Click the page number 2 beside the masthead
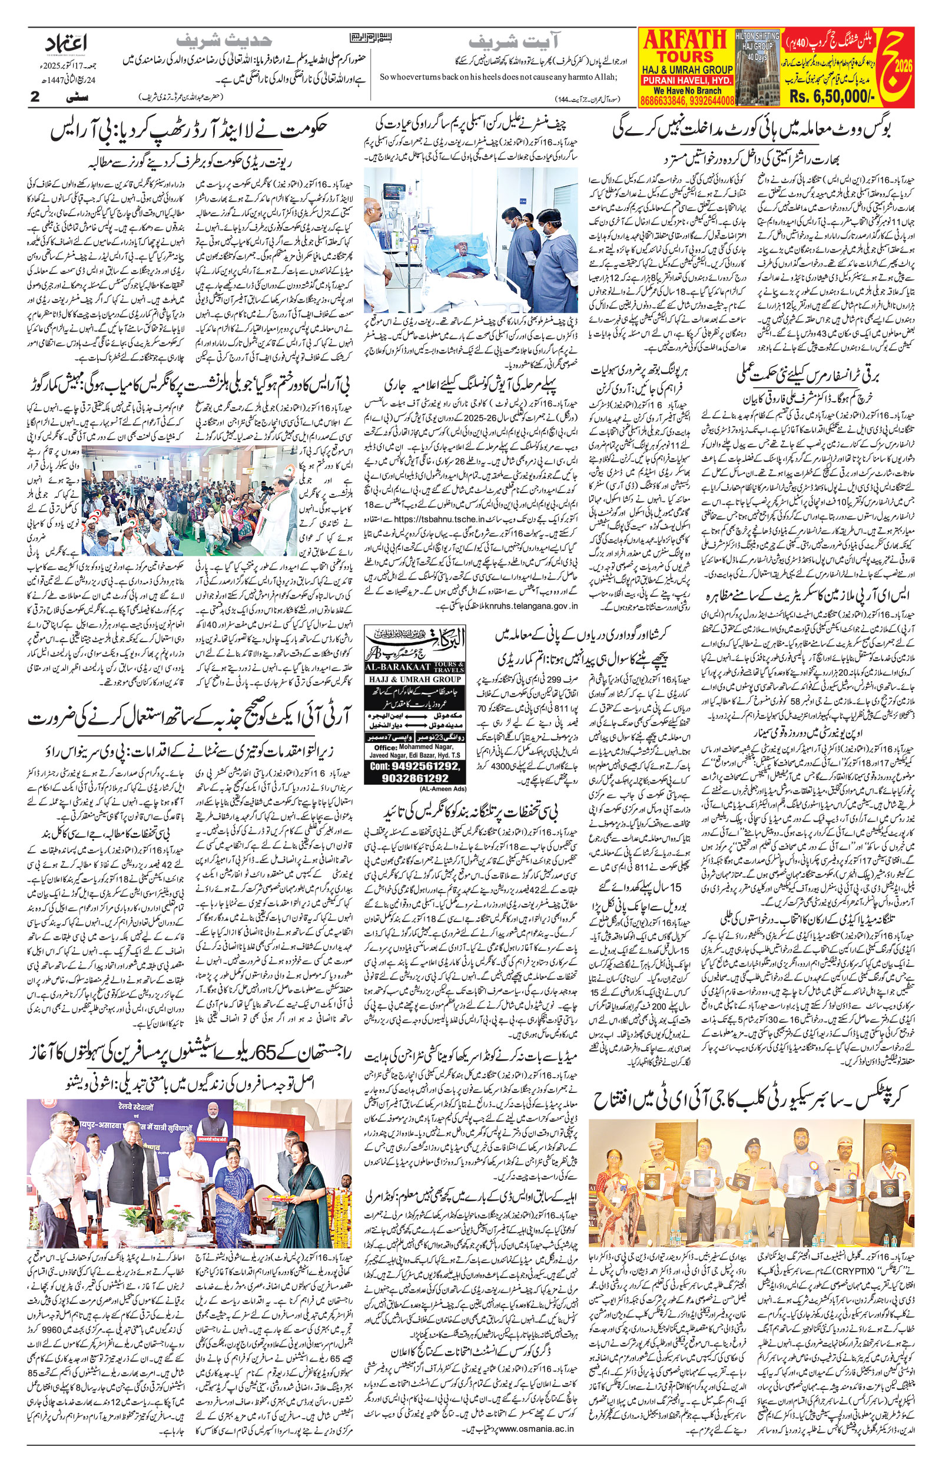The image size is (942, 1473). [x=34, y=97]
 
